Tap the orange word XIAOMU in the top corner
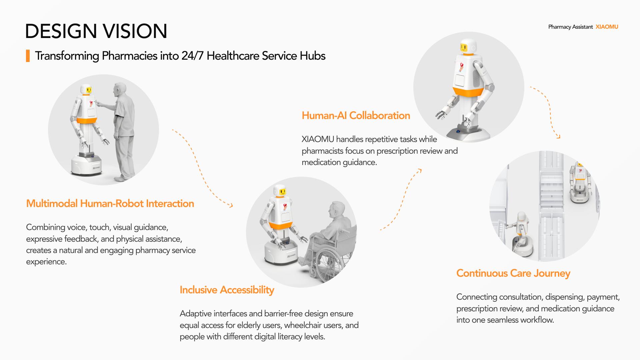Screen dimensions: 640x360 [607, 27]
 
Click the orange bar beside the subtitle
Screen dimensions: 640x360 [28, 56]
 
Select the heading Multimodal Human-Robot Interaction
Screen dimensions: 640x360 [110, 203]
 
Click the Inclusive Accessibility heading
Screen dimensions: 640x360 [227, 290]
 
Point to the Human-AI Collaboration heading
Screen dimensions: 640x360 [356, 115]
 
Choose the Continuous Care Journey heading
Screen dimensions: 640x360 [513, 273]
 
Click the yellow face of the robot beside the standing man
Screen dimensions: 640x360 [89, 90]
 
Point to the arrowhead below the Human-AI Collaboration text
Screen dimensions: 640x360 [419, 171]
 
